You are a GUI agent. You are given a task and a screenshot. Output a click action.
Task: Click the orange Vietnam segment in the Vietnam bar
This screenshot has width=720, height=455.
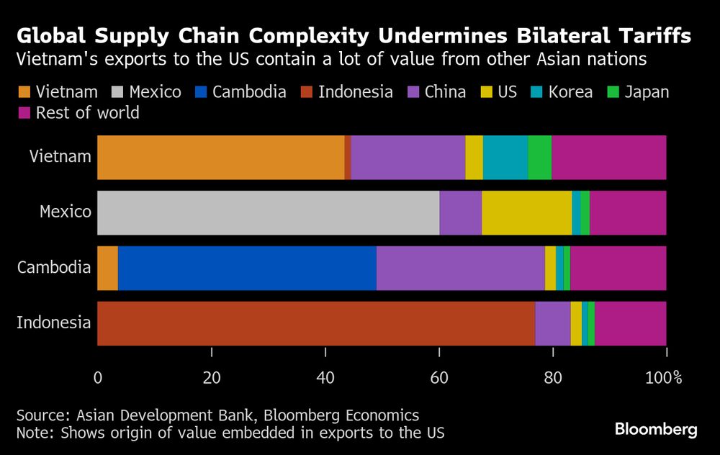220,158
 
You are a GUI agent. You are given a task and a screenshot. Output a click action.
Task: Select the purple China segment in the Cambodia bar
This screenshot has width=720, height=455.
460,268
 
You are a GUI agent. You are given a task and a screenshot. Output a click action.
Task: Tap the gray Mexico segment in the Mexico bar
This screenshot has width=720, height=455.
268,212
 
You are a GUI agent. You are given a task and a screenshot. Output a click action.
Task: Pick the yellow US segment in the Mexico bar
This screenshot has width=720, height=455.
526,212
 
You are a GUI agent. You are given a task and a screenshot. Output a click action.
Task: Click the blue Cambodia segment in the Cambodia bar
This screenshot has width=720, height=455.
247,268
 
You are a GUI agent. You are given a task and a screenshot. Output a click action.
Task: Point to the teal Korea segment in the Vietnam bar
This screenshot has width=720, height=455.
505,158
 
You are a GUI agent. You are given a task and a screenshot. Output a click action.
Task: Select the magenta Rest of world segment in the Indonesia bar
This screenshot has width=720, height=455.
631,323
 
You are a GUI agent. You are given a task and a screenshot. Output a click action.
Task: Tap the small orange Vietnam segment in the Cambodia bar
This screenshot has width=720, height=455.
107,268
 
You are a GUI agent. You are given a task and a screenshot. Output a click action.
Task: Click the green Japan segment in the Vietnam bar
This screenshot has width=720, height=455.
539,158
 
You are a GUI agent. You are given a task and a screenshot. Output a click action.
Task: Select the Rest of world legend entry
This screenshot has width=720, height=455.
87,113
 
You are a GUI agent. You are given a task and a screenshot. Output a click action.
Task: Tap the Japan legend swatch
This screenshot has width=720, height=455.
614,92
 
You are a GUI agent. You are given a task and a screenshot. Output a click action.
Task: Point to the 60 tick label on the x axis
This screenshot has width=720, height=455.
439,377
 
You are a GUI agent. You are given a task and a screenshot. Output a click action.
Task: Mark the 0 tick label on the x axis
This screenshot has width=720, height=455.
98,377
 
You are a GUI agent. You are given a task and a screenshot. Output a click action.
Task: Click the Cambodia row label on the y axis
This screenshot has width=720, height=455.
55,268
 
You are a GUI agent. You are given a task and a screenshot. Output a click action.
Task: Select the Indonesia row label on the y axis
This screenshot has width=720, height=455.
54,323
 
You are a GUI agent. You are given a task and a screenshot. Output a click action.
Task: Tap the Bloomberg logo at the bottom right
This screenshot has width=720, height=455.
656,430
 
